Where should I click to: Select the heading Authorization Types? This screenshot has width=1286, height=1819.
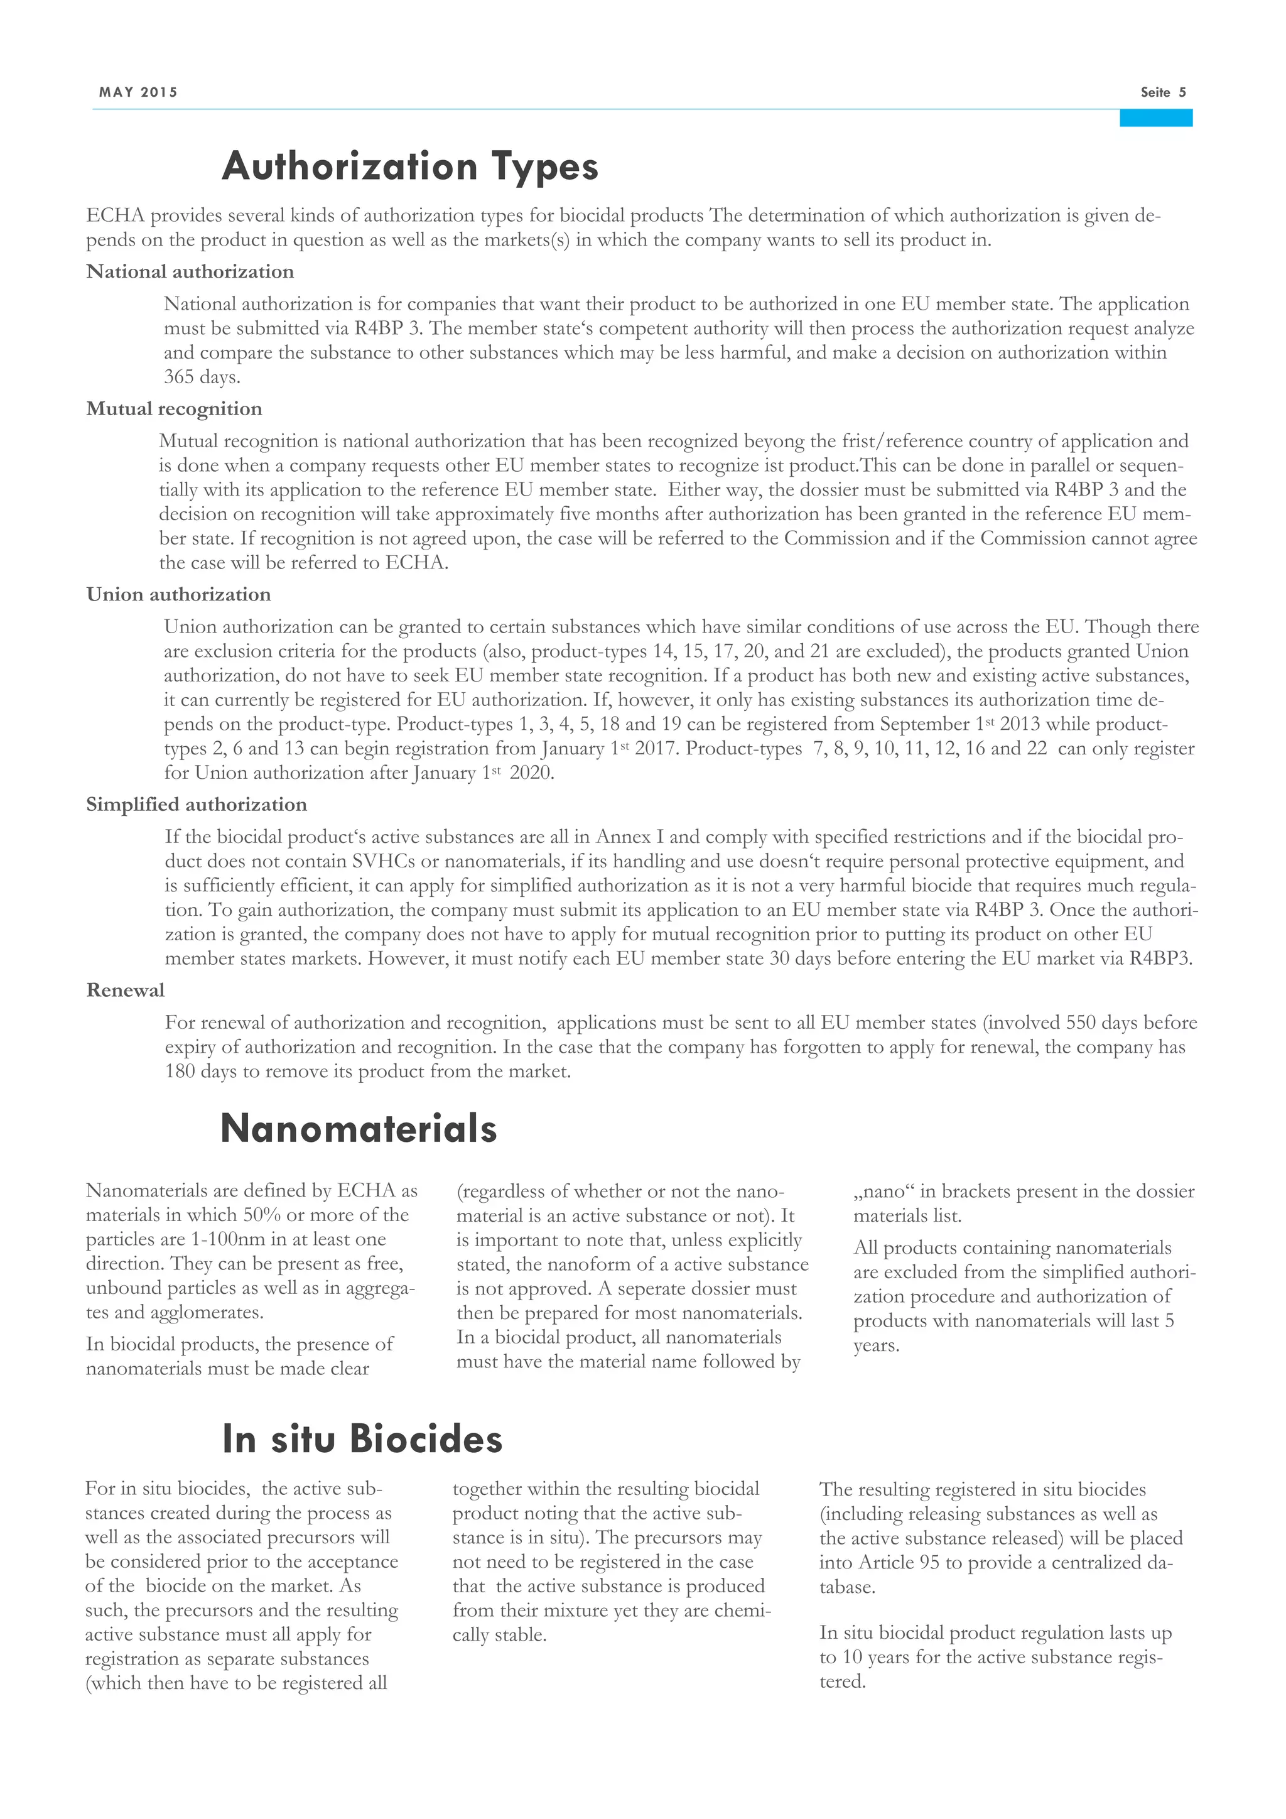tap(409, 166)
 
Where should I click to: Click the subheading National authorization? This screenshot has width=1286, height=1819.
tap(190, 272)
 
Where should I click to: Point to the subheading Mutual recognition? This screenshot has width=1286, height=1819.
tap(174, 409)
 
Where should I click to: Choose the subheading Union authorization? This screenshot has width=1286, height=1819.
tap(178, 594)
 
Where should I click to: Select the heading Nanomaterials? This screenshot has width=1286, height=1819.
tap(359, 1127)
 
